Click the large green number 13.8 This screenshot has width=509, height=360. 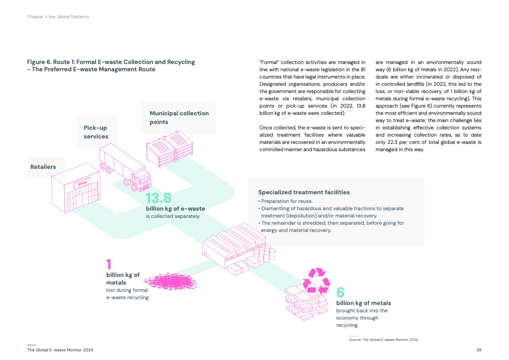click(158, 198)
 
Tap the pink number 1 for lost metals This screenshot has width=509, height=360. click(108, 264)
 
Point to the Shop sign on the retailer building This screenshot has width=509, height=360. click(82, 183)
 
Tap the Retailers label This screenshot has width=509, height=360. click(43, 167)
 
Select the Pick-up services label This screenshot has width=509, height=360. click(96, 132)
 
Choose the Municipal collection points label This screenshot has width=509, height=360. click(179, 117)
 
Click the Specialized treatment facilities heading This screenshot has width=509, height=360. click(304, 192)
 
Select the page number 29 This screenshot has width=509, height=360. click(479, 350)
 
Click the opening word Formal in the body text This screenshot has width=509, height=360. click(268, 62)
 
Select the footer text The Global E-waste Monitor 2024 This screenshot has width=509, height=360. click(60, 350)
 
